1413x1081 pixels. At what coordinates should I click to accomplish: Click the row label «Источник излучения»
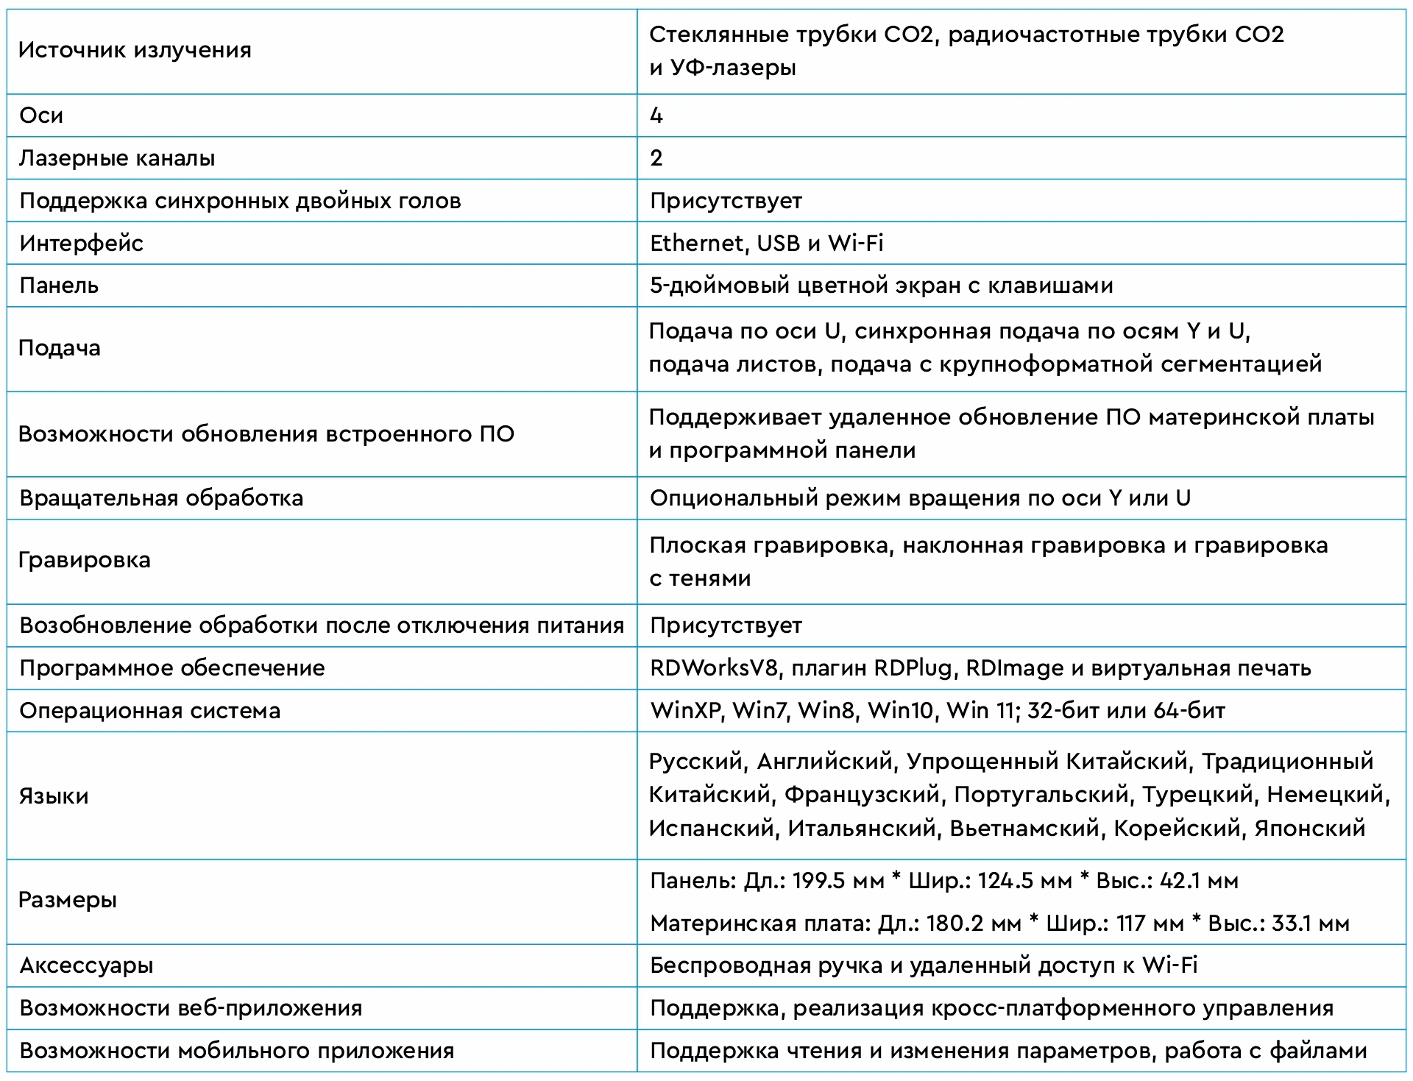(x=135, y=51)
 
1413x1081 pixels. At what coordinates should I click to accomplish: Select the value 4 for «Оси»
(x=656, y=116)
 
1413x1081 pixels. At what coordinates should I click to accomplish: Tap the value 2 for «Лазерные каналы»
(x=656, y=158)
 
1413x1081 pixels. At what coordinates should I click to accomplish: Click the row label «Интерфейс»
(x=82, y=244)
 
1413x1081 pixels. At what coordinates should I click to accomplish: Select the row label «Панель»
(x=59, y=286)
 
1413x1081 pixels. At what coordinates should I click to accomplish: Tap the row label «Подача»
(x=60, y=348)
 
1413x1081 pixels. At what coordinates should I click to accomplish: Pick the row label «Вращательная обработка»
(x=161, y=498)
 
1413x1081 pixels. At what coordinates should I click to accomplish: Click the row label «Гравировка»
(x=85, y=560)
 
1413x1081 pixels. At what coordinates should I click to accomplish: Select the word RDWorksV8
(x=714, y=668)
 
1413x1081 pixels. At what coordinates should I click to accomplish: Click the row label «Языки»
(x=54, y=796)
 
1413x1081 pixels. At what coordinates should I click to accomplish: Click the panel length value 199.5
(x=818, y=881)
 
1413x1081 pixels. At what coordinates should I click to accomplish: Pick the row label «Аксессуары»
(x=86, y=965)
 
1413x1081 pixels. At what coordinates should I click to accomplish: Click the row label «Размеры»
(x=68, y=901)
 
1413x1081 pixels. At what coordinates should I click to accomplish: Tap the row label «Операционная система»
(x=150, y=711)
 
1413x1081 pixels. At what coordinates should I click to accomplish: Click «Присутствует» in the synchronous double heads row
(x=726, y=201)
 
